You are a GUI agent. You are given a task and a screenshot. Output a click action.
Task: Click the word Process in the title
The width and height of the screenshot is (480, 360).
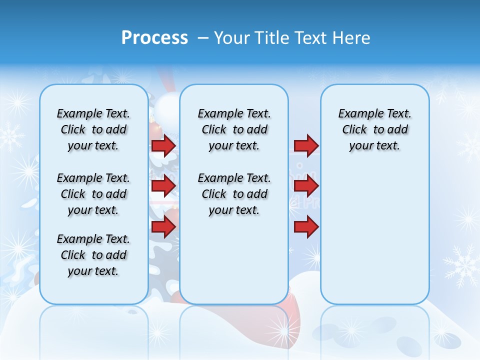[x=154, y=38]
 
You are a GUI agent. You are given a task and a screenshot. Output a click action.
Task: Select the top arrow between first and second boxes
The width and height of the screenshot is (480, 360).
[x=163, y=145]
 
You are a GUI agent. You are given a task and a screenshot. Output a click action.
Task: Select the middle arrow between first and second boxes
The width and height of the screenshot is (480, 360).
[x=163, y=186]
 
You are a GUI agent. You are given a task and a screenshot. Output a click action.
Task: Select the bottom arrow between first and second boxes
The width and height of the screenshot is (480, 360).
[x=163, y=227]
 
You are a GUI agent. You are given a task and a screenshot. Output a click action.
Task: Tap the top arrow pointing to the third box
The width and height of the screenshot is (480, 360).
[x=306, y=145]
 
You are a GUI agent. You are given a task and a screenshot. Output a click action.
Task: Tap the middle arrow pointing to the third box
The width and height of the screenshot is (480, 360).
[x=306, y=186]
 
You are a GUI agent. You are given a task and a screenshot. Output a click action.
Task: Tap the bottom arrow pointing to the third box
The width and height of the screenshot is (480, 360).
[x=306, y=227]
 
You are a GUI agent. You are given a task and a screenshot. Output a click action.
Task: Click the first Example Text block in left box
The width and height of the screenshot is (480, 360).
[x=93, y=129]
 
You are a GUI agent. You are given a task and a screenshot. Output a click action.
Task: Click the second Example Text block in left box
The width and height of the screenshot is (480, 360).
[x=93, y=194]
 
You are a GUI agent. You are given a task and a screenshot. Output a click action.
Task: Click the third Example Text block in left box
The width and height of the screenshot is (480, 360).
[x=93, y=255]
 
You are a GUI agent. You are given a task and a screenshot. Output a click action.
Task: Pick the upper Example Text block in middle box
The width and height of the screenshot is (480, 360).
[x=234, y=129]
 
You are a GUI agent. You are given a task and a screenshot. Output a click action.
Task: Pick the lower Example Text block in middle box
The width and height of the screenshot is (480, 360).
[x=234, y=194]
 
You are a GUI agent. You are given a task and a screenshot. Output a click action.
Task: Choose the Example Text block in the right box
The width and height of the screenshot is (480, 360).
[x=374, y=129]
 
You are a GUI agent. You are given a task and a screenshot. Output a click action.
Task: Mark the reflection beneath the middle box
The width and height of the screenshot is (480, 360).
[x=234, y=330]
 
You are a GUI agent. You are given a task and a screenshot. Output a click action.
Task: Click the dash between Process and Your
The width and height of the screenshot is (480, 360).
[x=203, y=38]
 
